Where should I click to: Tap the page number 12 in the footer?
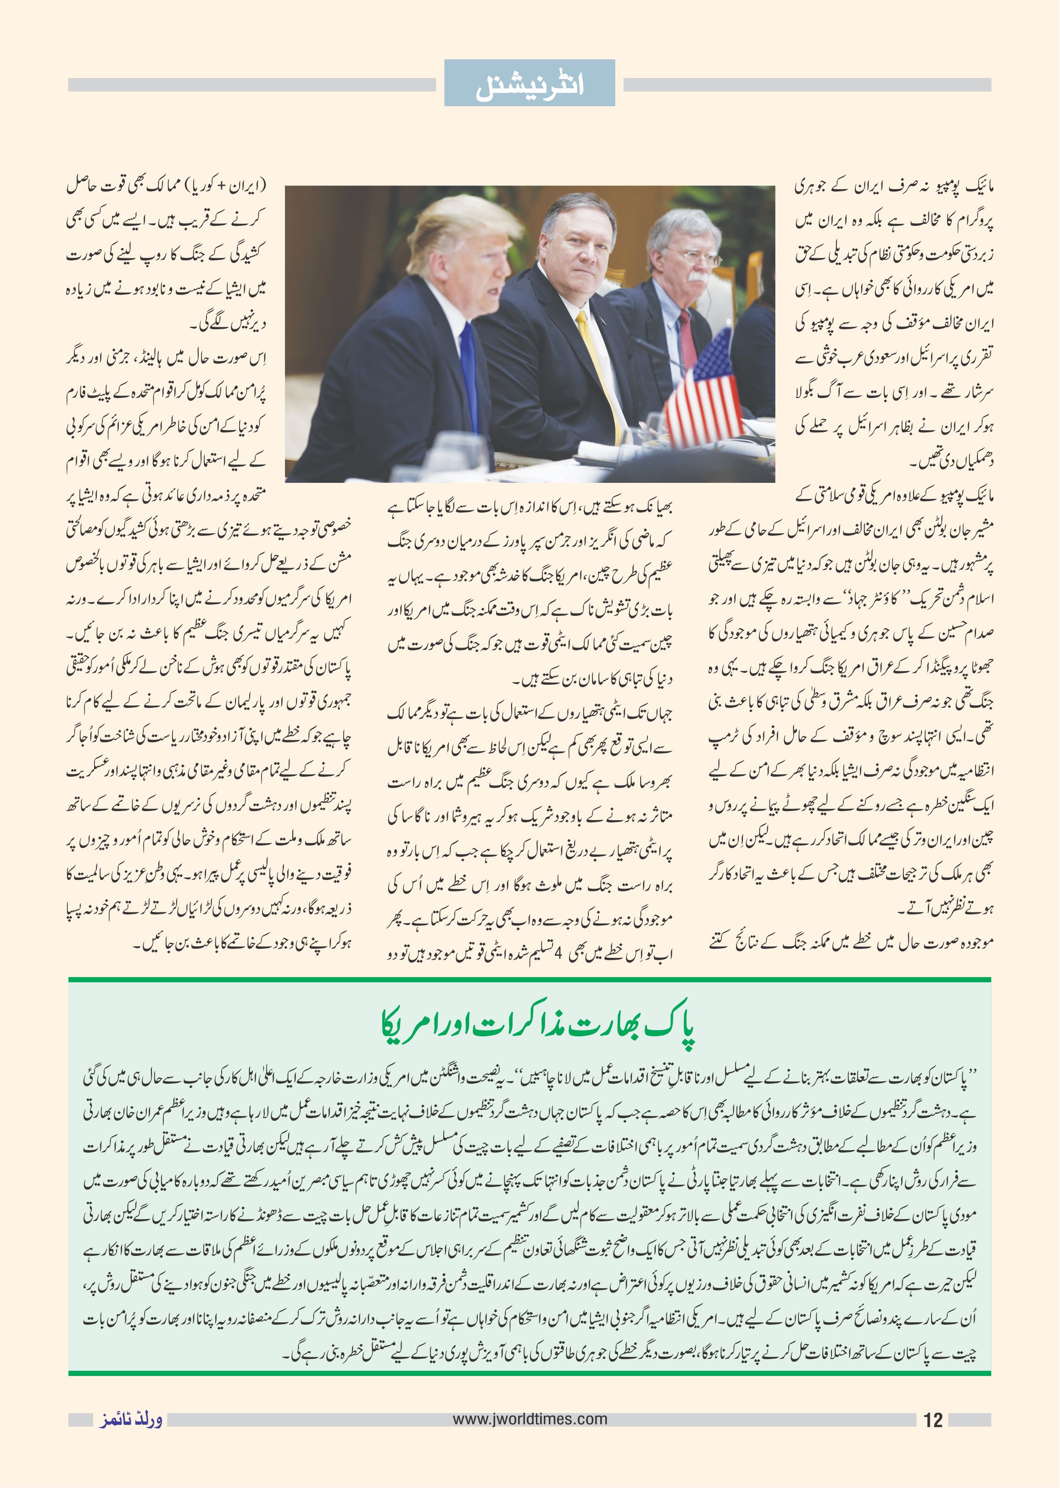[933, 1420]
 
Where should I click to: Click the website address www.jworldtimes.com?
[530, 1419]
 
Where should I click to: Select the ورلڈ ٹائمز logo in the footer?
[130, 1420]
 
